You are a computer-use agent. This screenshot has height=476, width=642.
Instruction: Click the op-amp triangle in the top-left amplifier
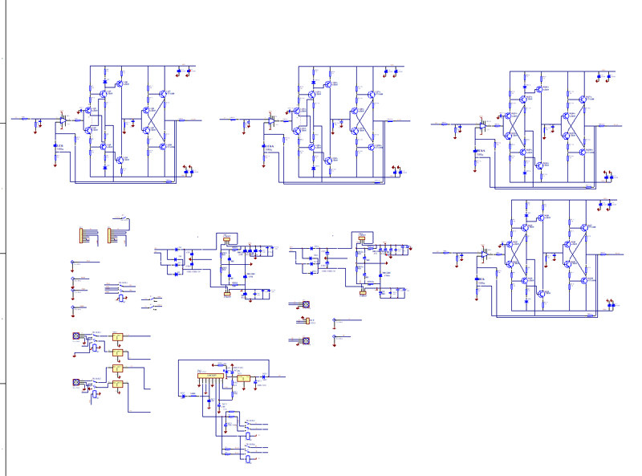coord(63,122)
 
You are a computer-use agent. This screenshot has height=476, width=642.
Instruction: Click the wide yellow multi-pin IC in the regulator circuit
coord(210,376)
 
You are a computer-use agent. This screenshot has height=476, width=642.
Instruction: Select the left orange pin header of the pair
coord(83,235)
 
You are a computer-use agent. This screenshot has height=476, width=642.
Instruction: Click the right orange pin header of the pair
coord(115,235)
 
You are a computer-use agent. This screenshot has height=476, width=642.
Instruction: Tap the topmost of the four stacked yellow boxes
coord(117,336)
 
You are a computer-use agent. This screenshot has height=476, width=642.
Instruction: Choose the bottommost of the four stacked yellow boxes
coord(117,386)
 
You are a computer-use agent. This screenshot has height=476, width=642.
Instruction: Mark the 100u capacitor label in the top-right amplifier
coord(480,150)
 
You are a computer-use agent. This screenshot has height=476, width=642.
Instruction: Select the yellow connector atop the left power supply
coord(226,237)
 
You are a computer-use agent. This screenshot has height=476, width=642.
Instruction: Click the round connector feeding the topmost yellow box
coord(76,336)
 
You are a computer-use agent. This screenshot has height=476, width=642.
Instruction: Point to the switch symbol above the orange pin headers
coord(122,216)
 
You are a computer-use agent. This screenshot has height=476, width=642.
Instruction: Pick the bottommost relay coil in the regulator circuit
coord(249,460)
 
